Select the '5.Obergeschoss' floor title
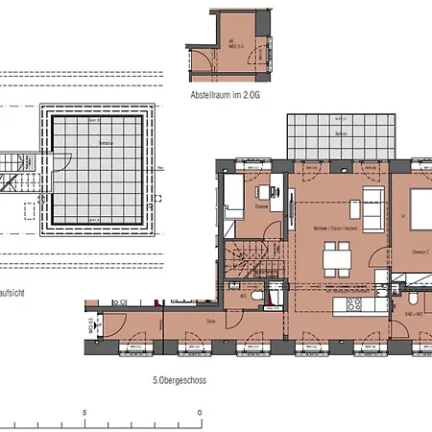click(180, 379)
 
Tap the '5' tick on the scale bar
click(84, 413)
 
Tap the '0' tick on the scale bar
click(200, 413)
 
